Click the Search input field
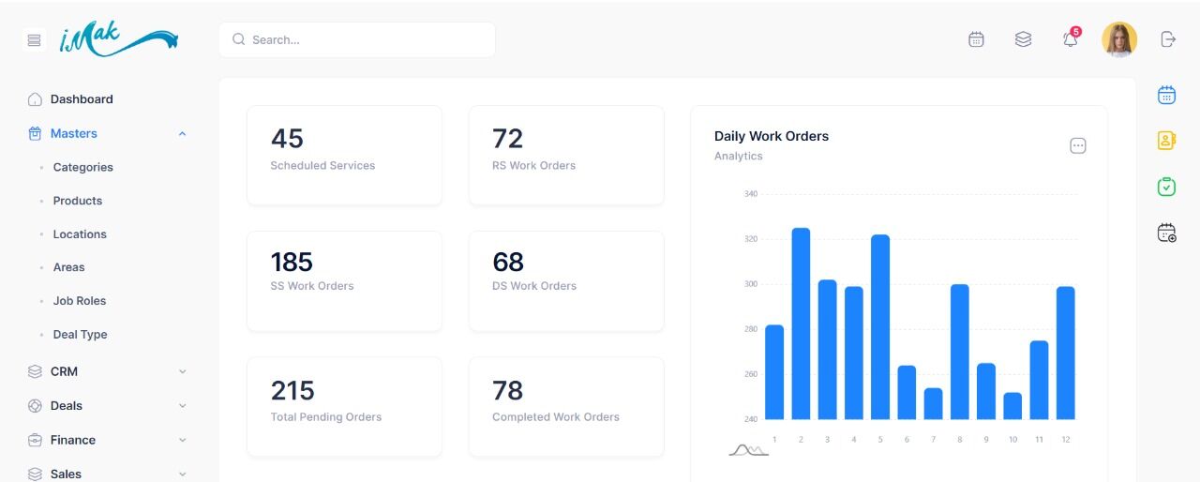(x=366, y=39)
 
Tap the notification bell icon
(x=1070, y=39)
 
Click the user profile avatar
(x=1118, y=39)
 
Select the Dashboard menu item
(x=82, y=99)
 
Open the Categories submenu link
(x=82, y=167)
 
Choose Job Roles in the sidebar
(x=80, y=301)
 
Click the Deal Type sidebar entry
(x=80, y=335)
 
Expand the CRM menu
(x=64, y=371)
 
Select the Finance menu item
(x=73, y=440)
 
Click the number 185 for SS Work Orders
(x=292, y=262)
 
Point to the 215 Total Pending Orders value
(x=292, y=390)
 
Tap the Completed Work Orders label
(x=556, y=417)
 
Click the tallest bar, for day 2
(x=801, y=324)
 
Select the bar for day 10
(x=1012, y=406)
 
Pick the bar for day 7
(x=933, y=404)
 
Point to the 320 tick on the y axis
(x=750, y=239)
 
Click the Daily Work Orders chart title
(x=772, y=136)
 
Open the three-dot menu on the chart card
(x=1078, y=145)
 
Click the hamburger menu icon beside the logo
(x=35, y=40)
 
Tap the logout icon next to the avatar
(x=1167, y=39)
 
